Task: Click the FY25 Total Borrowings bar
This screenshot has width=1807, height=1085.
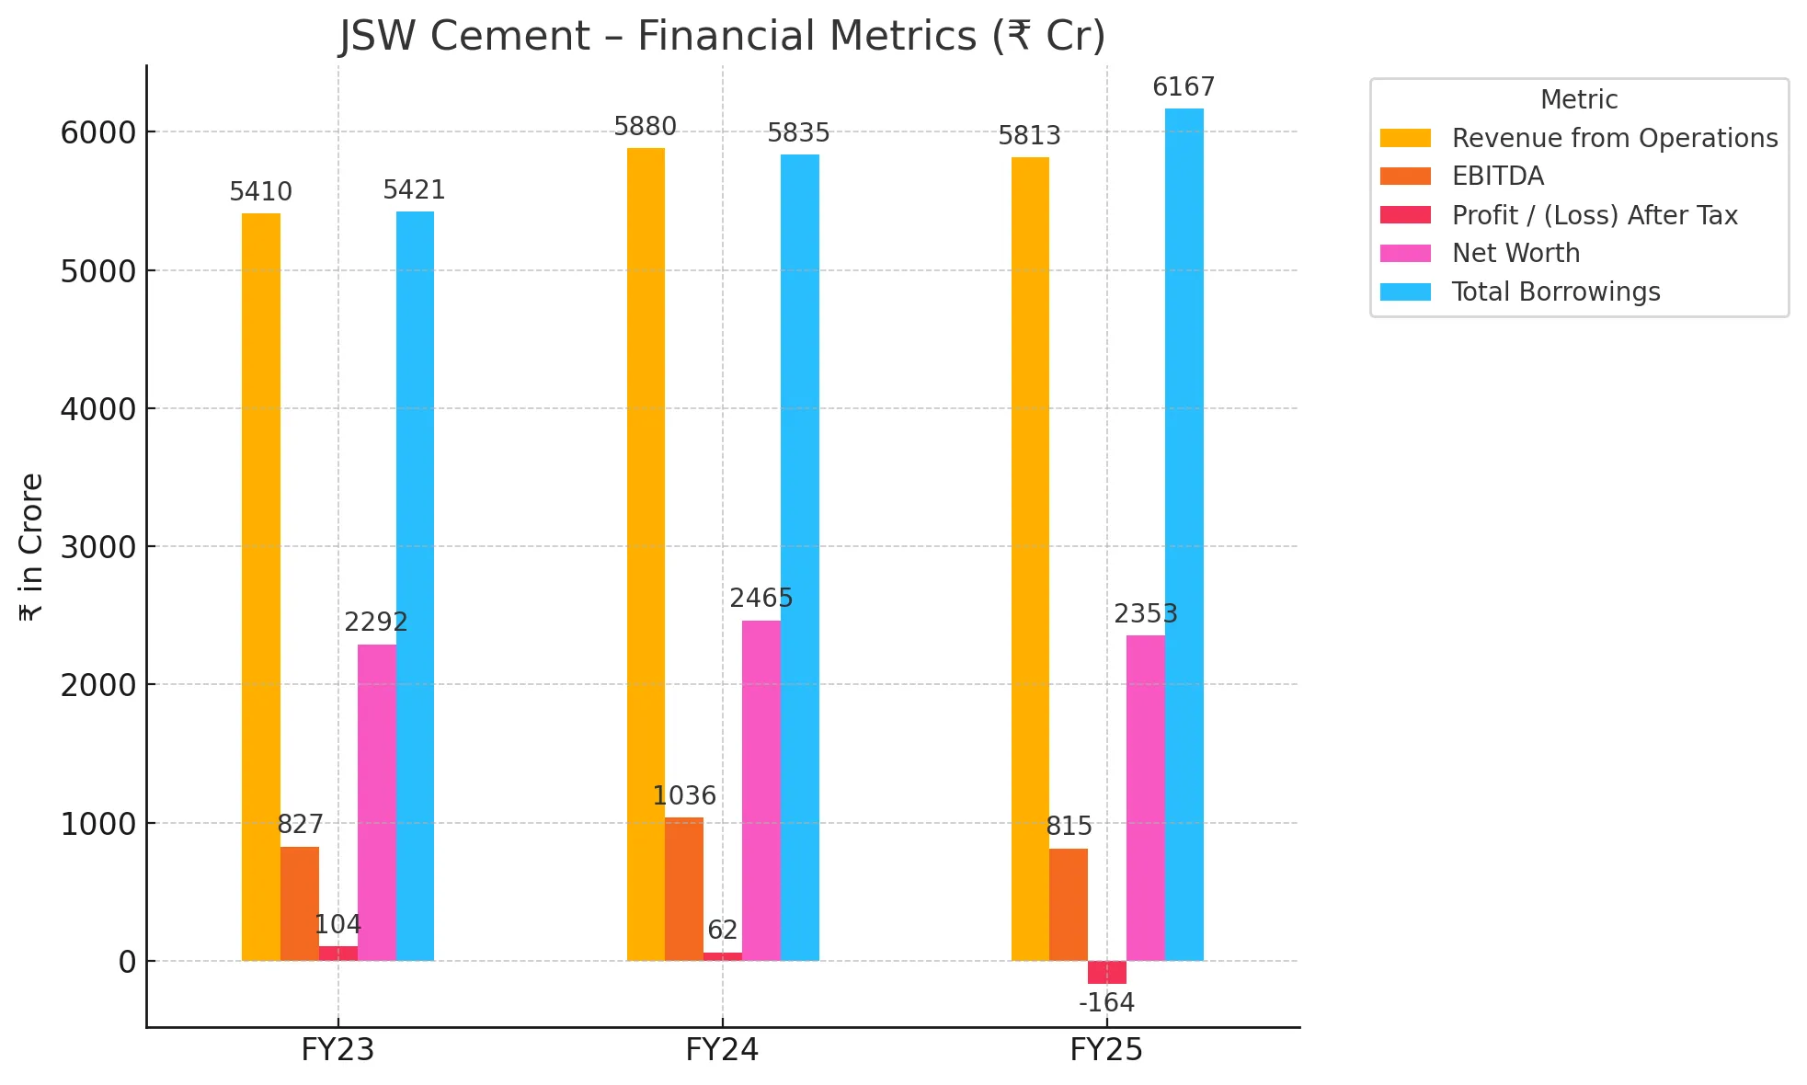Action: (x=1184, y=533)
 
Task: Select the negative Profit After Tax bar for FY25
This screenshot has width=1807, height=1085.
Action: (x=1106, y=973)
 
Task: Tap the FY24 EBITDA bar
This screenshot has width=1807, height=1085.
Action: (x=684, y=889)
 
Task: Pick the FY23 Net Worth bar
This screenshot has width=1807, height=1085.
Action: (x=377, y=803)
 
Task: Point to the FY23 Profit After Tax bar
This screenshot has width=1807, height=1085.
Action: (x=337, y=954)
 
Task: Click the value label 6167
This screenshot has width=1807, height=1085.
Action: (x=1184, y=87)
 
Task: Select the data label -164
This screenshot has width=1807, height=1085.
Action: (x=1106, y=1003)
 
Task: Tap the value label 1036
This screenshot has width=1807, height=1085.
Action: (x=684, y=795)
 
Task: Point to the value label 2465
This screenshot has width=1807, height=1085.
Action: (x=761, y=599)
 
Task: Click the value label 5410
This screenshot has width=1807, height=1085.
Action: (x=260, y=192)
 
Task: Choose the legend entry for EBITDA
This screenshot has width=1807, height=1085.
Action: (x=1497, y=177)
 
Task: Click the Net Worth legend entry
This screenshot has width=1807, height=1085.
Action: (x=1515, y=253)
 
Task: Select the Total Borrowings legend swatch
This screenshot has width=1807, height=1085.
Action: (x=1405, y=292)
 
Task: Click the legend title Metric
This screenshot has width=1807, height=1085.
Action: (x=1578, y=99)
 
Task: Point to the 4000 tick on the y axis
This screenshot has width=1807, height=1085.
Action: (x=97, y=409)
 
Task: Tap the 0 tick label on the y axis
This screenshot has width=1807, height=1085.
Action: (x=127, y=962)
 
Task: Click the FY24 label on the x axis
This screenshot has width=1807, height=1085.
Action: (x=722, y=1050)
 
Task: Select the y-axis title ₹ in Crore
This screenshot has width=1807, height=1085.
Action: (x=31, y=547)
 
